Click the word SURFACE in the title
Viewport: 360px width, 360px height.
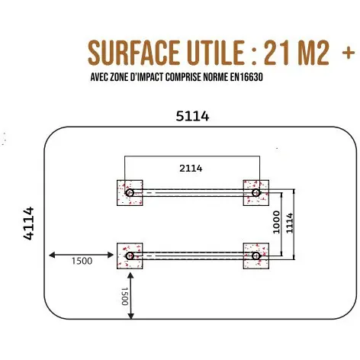(x=133, y=53)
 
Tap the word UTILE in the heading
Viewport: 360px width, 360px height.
(x=216, y=53)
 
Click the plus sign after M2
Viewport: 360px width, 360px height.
(x=349, y=53)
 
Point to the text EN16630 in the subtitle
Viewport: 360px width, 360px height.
(x=246, y=77)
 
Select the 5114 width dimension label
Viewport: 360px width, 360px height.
(x=192, y=116)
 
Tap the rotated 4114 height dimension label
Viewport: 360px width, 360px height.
(x=29, y=223)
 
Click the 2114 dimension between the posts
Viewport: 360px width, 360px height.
(x=191, y=169)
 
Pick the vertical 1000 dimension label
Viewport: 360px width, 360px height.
(x=276, y=222)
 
